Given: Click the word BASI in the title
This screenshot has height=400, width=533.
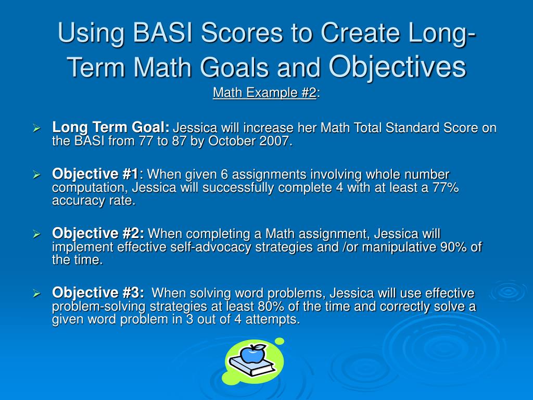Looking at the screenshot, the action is (x=163, y=33).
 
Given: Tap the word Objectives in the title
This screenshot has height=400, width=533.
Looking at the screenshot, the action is (x=397, y=66).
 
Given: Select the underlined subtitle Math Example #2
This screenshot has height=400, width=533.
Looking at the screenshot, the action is (x=264, y=93).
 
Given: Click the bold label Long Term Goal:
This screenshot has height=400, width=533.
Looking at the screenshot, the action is (x=111, y=127).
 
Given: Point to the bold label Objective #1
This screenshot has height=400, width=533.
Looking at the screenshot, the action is (x=95, y=174).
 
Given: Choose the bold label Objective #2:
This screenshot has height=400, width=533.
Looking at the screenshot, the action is (x=98, y=233).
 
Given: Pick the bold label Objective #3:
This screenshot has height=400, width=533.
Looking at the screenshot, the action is (x=98, y=293).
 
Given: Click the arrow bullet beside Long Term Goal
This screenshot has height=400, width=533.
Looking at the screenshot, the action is (x=37, y=128).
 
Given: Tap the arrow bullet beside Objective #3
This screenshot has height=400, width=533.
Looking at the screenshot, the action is (x=37, y=294).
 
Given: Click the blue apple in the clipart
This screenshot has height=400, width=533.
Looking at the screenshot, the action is (x=253, y=354).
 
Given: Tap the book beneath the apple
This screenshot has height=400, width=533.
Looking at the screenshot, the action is (x=252, y=366).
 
